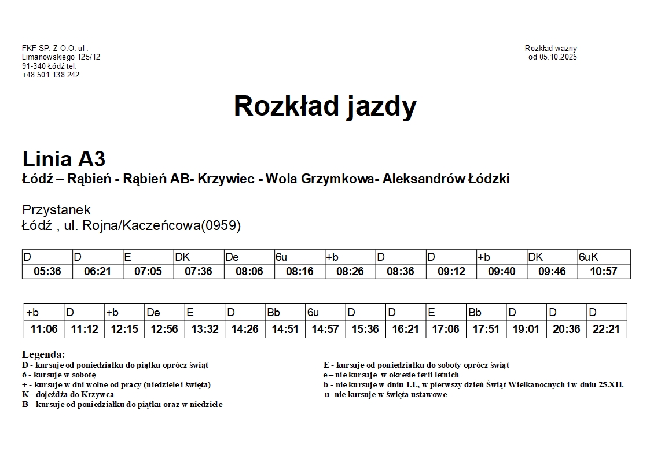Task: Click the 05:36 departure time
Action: tap(47, 271)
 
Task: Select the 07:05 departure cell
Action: tap(148, 271)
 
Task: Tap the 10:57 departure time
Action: tap(603, 271)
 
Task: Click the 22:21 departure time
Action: tap(607, 330)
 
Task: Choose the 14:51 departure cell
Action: tap(285, 330)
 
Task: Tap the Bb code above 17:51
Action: tap(475, 313)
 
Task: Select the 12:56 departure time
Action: tap(164, 330)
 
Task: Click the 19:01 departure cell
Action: tap(526, 330)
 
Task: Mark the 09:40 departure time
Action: tap(502, 271)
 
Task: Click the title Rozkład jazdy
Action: tap(325, 106)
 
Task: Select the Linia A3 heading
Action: tap(64, 159)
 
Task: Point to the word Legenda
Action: tap(43, 354)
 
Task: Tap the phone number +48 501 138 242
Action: tap(51, 75)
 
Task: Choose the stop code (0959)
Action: tap(220, 225)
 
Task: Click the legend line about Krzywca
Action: tap(68, 394)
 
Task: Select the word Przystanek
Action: tap(56, 210)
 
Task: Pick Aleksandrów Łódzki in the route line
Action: tap(446, 179)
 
